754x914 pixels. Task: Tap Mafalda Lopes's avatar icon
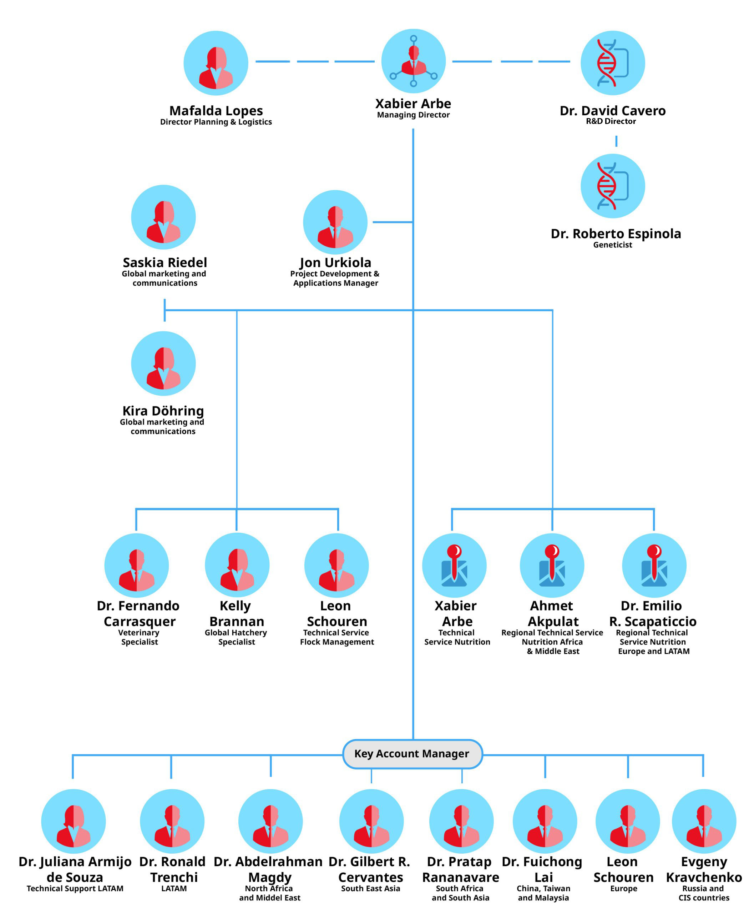[x=216, y=63]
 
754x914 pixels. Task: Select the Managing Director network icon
[x=414, y=61]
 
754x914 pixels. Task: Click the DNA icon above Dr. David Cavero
[x=612, y=63]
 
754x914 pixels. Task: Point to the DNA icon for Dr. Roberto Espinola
[x=612, y=186]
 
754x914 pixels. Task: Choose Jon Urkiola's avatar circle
[x=335, y=222]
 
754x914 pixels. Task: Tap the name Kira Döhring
[x=163, y=411]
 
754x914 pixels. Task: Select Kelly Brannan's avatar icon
[x=237, y=565]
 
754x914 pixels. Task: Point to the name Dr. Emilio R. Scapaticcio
[x=652, y=613]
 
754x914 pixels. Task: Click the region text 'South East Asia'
[x=370, y=888]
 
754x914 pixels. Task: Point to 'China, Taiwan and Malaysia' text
[x=543, y=893]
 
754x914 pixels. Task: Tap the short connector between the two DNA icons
[x=616, y=141]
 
